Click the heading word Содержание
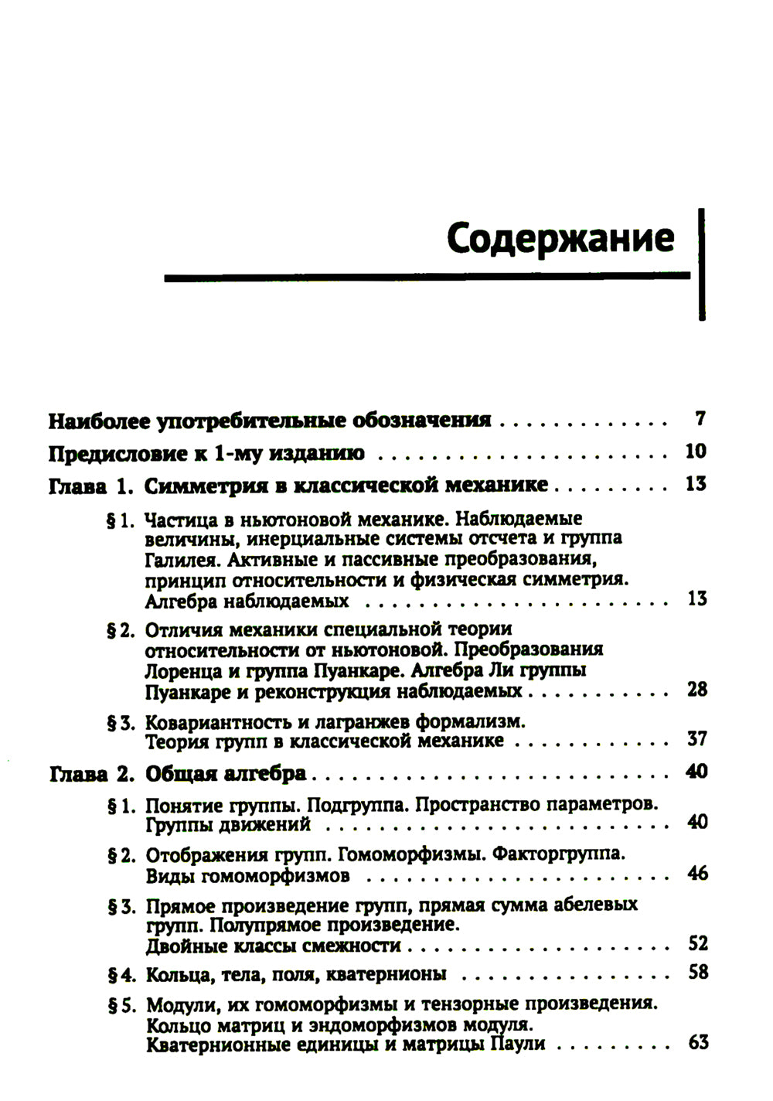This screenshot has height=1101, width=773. click(560, 237)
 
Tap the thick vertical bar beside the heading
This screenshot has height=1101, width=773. click(701, 263)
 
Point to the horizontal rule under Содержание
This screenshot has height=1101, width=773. click(427, 275)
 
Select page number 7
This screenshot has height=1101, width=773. click(700, 420)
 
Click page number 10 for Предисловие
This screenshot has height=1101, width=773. click(696, 452)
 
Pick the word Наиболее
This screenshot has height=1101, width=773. click(98, 421)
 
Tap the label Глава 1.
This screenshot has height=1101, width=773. click(92, 486)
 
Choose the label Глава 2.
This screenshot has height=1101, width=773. click(92, 773)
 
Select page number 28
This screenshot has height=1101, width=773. click(696, 689)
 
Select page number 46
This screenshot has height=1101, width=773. click(696, 874)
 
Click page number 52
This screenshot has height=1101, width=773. click(697, 944)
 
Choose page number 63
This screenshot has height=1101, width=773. click(697, 1042)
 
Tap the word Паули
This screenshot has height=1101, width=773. click(517, 1044)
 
